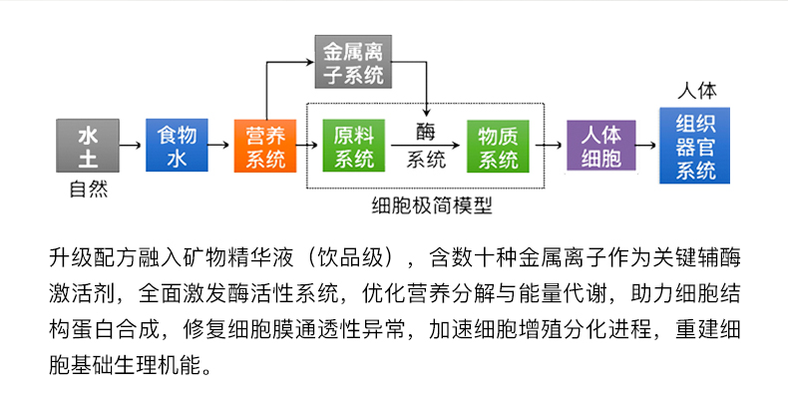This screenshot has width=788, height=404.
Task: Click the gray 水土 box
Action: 88,146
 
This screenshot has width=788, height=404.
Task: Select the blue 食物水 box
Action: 177,146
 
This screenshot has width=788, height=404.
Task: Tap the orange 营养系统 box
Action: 265,146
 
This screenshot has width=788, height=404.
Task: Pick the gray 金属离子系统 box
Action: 354,62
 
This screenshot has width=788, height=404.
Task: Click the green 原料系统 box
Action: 354,146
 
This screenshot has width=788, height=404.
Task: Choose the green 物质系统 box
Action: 497,146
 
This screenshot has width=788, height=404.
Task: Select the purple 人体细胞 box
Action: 600,146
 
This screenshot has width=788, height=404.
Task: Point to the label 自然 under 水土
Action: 88,189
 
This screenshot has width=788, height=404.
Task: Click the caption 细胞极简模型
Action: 431,206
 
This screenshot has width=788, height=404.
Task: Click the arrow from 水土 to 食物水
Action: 131,146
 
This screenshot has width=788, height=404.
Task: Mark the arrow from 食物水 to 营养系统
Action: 219,146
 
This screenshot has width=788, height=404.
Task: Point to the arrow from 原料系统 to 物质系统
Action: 426,146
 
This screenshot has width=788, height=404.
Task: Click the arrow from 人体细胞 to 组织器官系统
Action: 647,146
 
